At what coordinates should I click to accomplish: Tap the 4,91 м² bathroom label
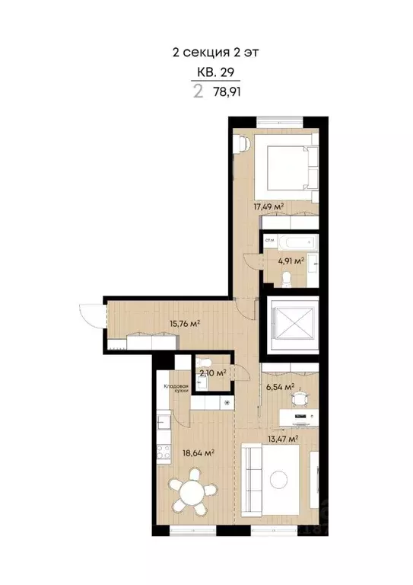tap(291, 261)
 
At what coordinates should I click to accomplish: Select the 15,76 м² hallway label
tap(185, 323)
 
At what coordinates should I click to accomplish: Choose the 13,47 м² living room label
tap(281, 438)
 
